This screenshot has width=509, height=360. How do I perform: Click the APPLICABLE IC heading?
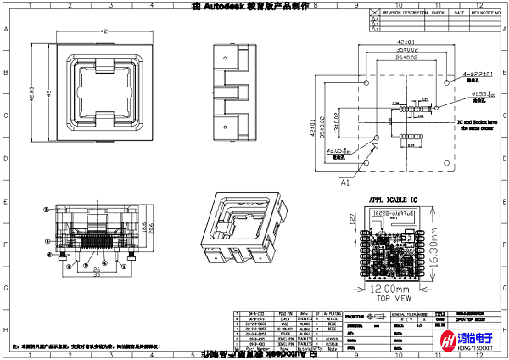(394, 200)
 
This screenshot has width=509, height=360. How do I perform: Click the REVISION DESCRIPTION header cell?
(406, 14)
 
